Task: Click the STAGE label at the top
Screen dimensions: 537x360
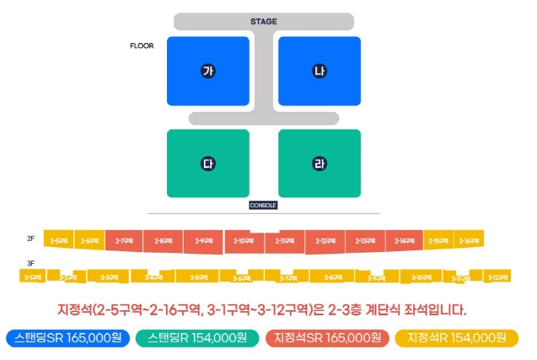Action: [x=263, y=21]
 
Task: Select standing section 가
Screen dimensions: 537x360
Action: [x=208, y=71]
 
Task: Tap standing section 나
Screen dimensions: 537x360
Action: [x=319, y=71]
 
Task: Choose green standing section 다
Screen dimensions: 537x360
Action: [x=208, y=163]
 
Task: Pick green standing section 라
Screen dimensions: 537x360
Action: [x=319, y=163]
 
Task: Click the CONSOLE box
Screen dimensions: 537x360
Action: [x=263, y=205]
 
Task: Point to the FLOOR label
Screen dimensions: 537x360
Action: [x=142, y=46]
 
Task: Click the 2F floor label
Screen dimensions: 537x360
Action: [x=31, y=239]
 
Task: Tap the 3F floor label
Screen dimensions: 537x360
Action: [x=31, y=263]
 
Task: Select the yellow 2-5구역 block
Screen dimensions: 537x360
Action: [x=59, y=241]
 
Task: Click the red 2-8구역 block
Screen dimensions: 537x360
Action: [x=164, y=241]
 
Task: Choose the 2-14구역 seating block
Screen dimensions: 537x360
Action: [x=403, y=241]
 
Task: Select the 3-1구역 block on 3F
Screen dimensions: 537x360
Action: [x=33, y=277]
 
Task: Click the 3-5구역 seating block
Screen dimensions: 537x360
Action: [x=198, y=277]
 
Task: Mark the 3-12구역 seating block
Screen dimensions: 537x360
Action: [x=498, y=277]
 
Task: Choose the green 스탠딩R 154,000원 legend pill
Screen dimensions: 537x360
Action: [x=196, y=337]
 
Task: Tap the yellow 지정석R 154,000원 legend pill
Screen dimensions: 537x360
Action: [x=455, y=337]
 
